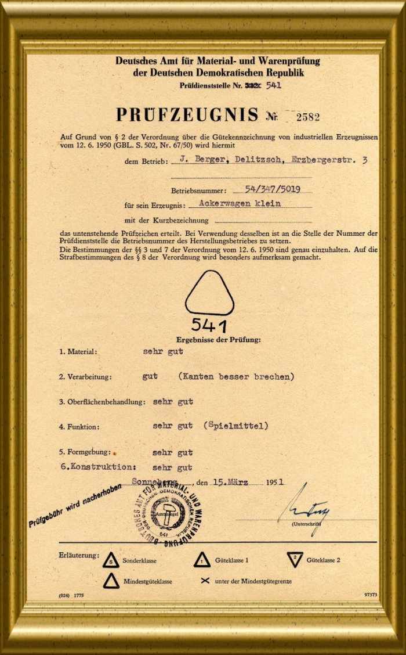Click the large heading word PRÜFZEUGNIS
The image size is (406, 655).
pos(187,114)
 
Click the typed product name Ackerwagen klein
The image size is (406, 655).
pos(240,203)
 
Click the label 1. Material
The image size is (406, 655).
pos(78,351)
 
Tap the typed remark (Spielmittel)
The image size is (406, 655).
pos(236,426)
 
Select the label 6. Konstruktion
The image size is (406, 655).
pos(98,466)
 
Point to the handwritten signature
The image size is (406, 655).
pos(303,505)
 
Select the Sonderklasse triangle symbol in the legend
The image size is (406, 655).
pos(111,560)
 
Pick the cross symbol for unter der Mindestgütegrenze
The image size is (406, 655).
pos(204,580)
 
